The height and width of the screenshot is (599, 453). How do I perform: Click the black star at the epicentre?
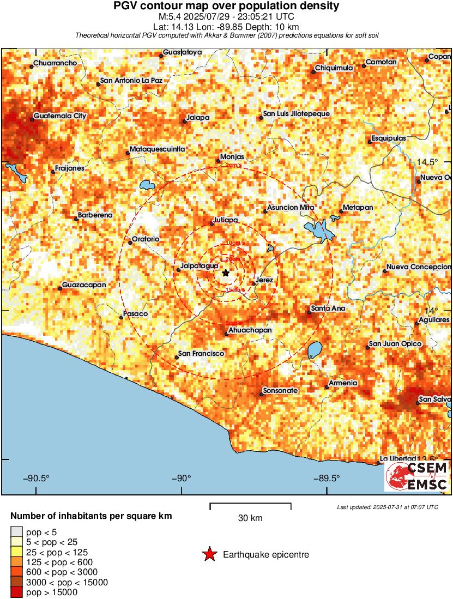coord(226,273)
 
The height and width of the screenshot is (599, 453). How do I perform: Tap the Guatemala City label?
coord(60,116)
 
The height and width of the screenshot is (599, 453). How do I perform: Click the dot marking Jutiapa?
coord(213,224)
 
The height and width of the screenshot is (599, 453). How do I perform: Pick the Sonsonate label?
coord(280,391)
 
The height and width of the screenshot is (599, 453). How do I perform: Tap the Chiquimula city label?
coord(334,69)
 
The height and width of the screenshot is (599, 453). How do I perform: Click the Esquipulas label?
coord(389,138)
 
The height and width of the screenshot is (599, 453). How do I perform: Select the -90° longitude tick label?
coord(181,479)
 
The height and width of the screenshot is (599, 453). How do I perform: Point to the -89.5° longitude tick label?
coord(327,479)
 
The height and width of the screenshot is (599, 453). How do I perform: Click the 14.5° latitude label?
coord(427,162)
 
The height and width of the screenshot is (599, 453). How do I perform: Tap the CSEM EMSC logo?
coord(417,476)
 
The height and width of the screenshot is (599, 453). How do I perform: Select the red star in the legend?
coord(209,555)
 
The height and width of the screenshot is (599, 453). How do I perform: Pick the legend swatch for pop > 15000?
coord(17,592)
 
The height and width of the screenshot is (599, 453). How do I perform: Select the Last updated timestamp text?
coord(388,507)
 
